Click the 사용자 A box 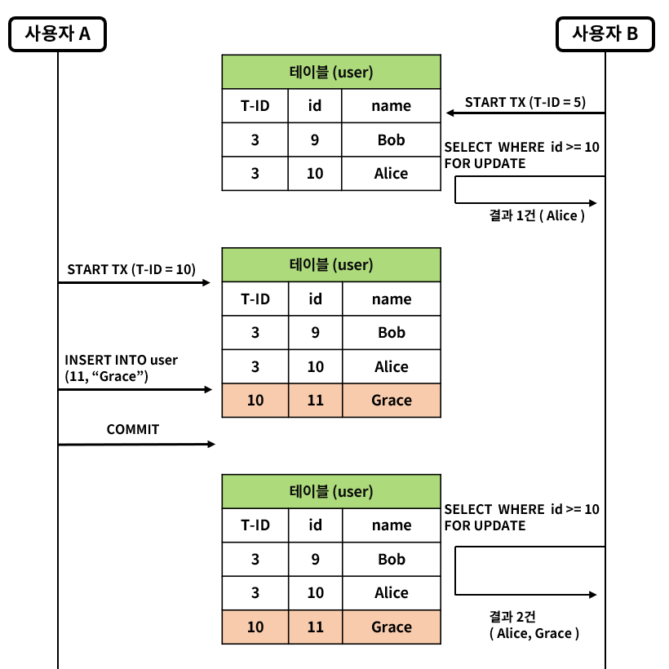coord(57,34)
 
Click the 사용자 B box coord(605,34)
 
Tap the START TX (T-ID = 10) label coord(131,269)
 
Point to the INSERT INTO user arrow coord(135,390)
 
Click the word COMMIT coord(133,429)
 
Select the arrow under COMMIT coord(135,444)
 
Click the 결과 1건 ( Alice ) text coord(537,216)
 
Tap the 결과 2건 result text coord(534,624)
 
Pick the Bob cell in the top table coord(391,140)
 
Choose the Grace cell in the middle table coord(391,401)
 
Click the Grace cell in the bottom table coord(391,627)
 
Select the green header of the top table coord(331,72)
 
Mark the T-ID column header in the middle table coord(255,299)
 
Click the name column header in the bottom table coord(391,525)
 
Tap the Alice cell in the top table coord(391,174)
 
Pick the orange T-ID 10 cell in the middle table coord(255,401)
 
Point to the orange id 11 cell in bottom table coord(315,627)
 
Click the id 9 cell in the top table coord(315,140)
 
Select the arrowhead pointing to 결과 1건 coord(593,202)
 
